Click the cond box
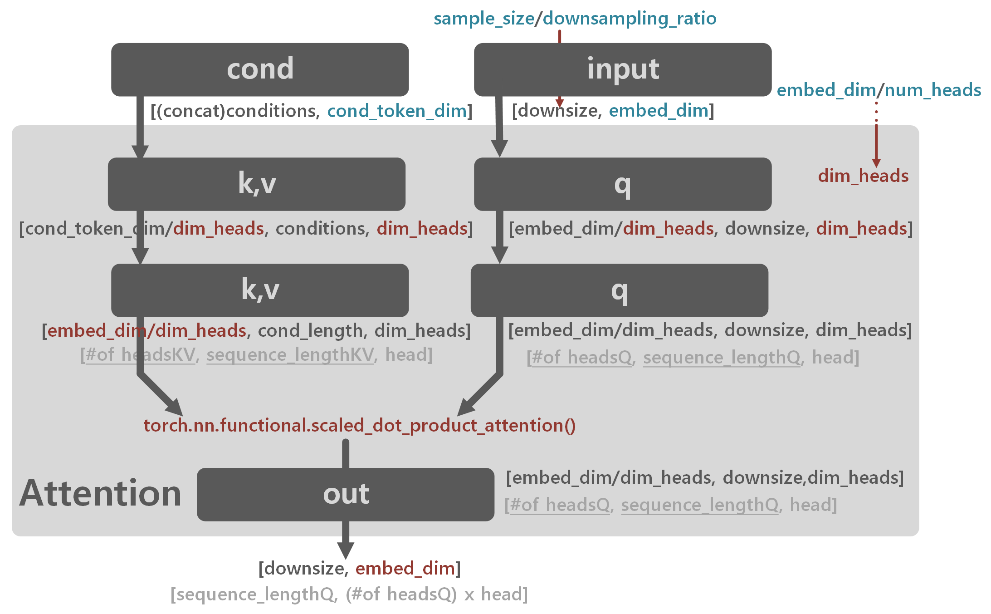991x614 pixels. (260, 69)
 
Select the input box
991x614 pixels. (622, 69)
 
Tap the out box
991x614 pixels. (345, 494)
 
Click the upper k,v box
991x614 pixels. (256, 184)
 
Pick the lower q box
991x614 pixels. (619, 290)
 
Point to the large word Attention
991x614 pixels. (100, 493)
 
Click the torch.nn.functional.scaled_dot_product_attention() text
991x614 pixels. (359, 426)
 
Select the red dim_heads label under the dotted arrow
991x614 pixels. (863, 176)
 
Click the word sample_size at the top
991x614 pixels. (483, 19)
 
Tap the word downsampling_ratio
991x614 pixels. (629, 19)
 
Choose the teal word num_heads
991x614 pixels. (932, 90)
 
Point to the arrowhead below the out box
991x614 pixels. (346, 550)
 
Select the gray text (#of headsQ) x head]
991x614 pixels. (436, 594)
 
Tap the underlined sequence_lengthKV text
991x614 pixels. (290, 355)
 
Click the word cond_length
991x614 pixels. (310, 331)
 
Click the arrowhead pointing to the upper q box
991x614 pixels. (499, 148)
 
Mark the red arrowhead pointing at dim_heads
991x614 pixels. (876, 163)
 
